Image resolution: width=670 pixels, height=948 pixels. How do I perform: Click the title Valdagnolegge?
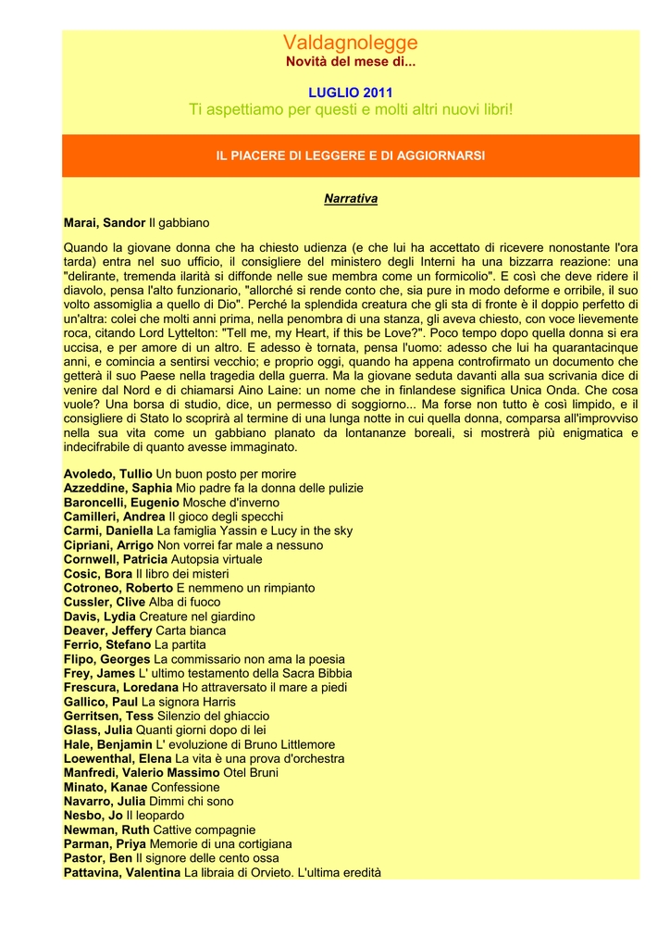350,43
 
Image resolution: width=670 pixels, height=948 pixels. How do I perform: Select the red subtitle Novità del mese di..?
350,62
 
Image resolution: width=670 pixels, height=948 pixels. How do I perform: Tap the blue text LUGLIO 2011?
350,93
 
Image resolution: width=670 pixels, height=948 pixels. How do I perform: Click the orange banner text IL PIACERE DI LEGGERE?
350,156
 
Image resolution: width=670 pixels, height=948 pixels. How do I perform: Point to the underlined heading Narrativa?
350,199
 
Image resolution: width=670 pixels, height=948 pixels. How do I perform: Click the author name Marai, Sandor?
105,223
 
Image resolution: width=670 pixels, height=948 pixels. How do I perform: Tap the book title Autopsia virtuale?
217,559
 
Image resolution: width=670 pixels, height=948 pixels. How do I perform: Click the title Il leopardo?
155,816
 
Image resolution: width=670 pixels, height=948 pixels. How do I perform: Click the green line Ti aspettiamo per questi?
350,110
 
